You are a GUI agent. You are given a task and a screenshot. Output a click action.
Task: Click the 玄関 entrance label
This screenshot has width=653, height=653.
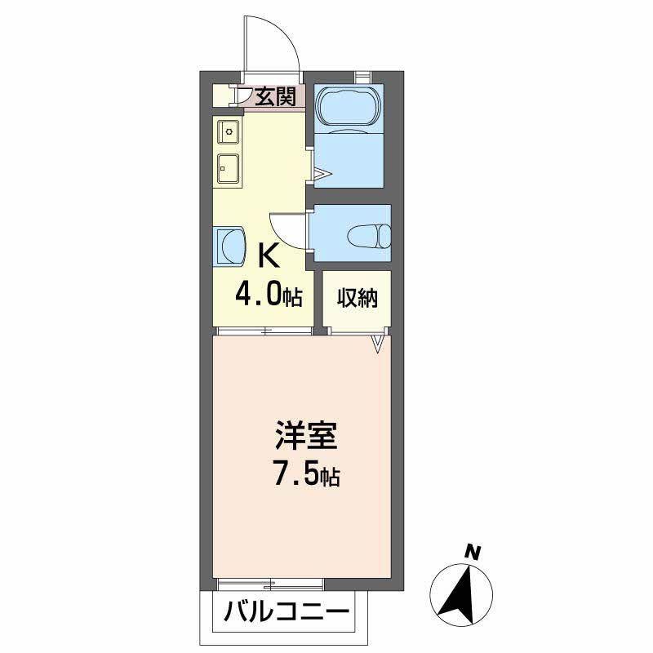[275, 96]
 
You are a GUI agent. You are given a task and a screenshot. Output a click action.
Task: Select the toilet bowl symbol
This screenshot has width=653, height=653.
[369, 237]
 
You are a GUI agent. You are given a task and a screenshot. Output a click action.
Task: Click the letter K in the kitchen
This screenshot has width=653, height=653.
[269, 255]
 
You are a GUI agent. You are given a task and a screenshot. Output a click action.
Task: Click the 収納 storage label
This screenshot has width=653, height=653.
[357, 297]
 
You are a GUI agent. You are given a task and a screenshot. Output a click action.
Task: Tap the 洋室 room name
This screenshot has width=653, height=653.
[306, 436]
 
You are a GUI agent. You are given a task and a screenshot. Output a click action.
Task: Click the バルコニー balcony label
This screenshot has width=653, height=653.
[287, 612]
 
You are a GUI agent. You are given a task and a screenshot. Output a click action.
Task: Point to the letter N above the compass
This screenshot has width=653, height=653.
[473, 553]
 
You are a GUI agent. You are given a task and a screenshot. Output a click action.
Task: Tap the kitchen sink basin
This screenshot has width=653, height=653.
[229, 169]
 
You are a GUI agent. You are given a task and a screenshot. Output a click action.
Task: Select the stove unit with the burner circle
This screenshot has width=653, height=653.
[229, 131]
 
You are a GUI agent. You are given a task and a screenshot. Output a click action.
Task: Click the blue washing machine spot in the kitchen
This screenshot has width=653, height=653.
[229, 246]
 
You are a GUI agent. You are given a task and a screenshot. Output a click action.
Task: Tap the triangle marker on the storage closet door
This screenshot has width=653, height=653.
[378, 344]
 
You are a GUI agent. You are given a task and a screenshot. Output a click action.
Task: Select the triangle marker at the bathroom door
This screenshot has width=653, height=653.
[322, 173]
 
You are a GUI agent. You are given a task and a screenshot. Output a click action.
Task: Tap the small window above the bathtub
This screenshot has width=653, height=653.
[362, 76]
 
